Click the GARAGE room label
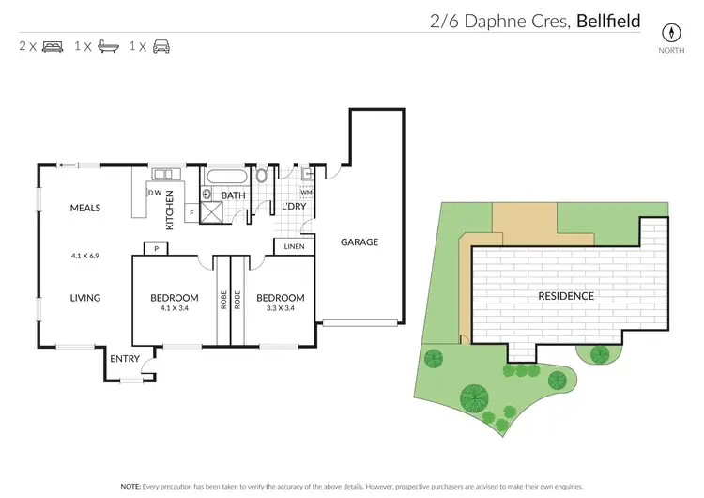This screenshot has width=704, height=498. (x=360, y=241)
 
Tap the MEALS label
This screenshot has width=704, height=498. (x=84, y=208)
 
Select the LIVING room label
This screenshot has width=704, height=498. (x=84, y=298)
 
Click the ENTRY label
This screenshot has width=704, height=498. (x=125, y=359)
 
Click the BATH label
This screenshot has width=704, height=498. (x=233, y=195)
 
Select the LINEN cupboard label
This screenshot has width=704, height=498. (x=294, y=247)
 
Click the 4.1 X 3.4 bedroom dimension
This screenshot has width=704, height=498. (x=175, y=307)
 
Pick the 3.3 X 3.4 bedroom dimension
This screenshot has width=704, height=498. (x=280, y=307)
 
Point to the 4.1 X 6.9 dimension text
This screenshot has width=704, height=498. (x=84, y=255)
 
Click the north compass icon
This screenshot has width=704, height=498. (x=670, y=31)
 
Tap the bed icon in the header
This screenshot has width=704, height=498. (x=53, y=46)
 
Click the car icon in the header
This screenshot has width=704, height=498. (x=161, y=46)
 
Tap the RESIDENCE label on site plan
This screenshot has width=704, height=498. (x=565, y=296)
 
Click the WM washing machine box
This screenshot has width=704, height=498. (x=306, y=192)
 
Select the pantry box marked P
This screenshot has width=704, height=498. (x=149, y=249)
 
